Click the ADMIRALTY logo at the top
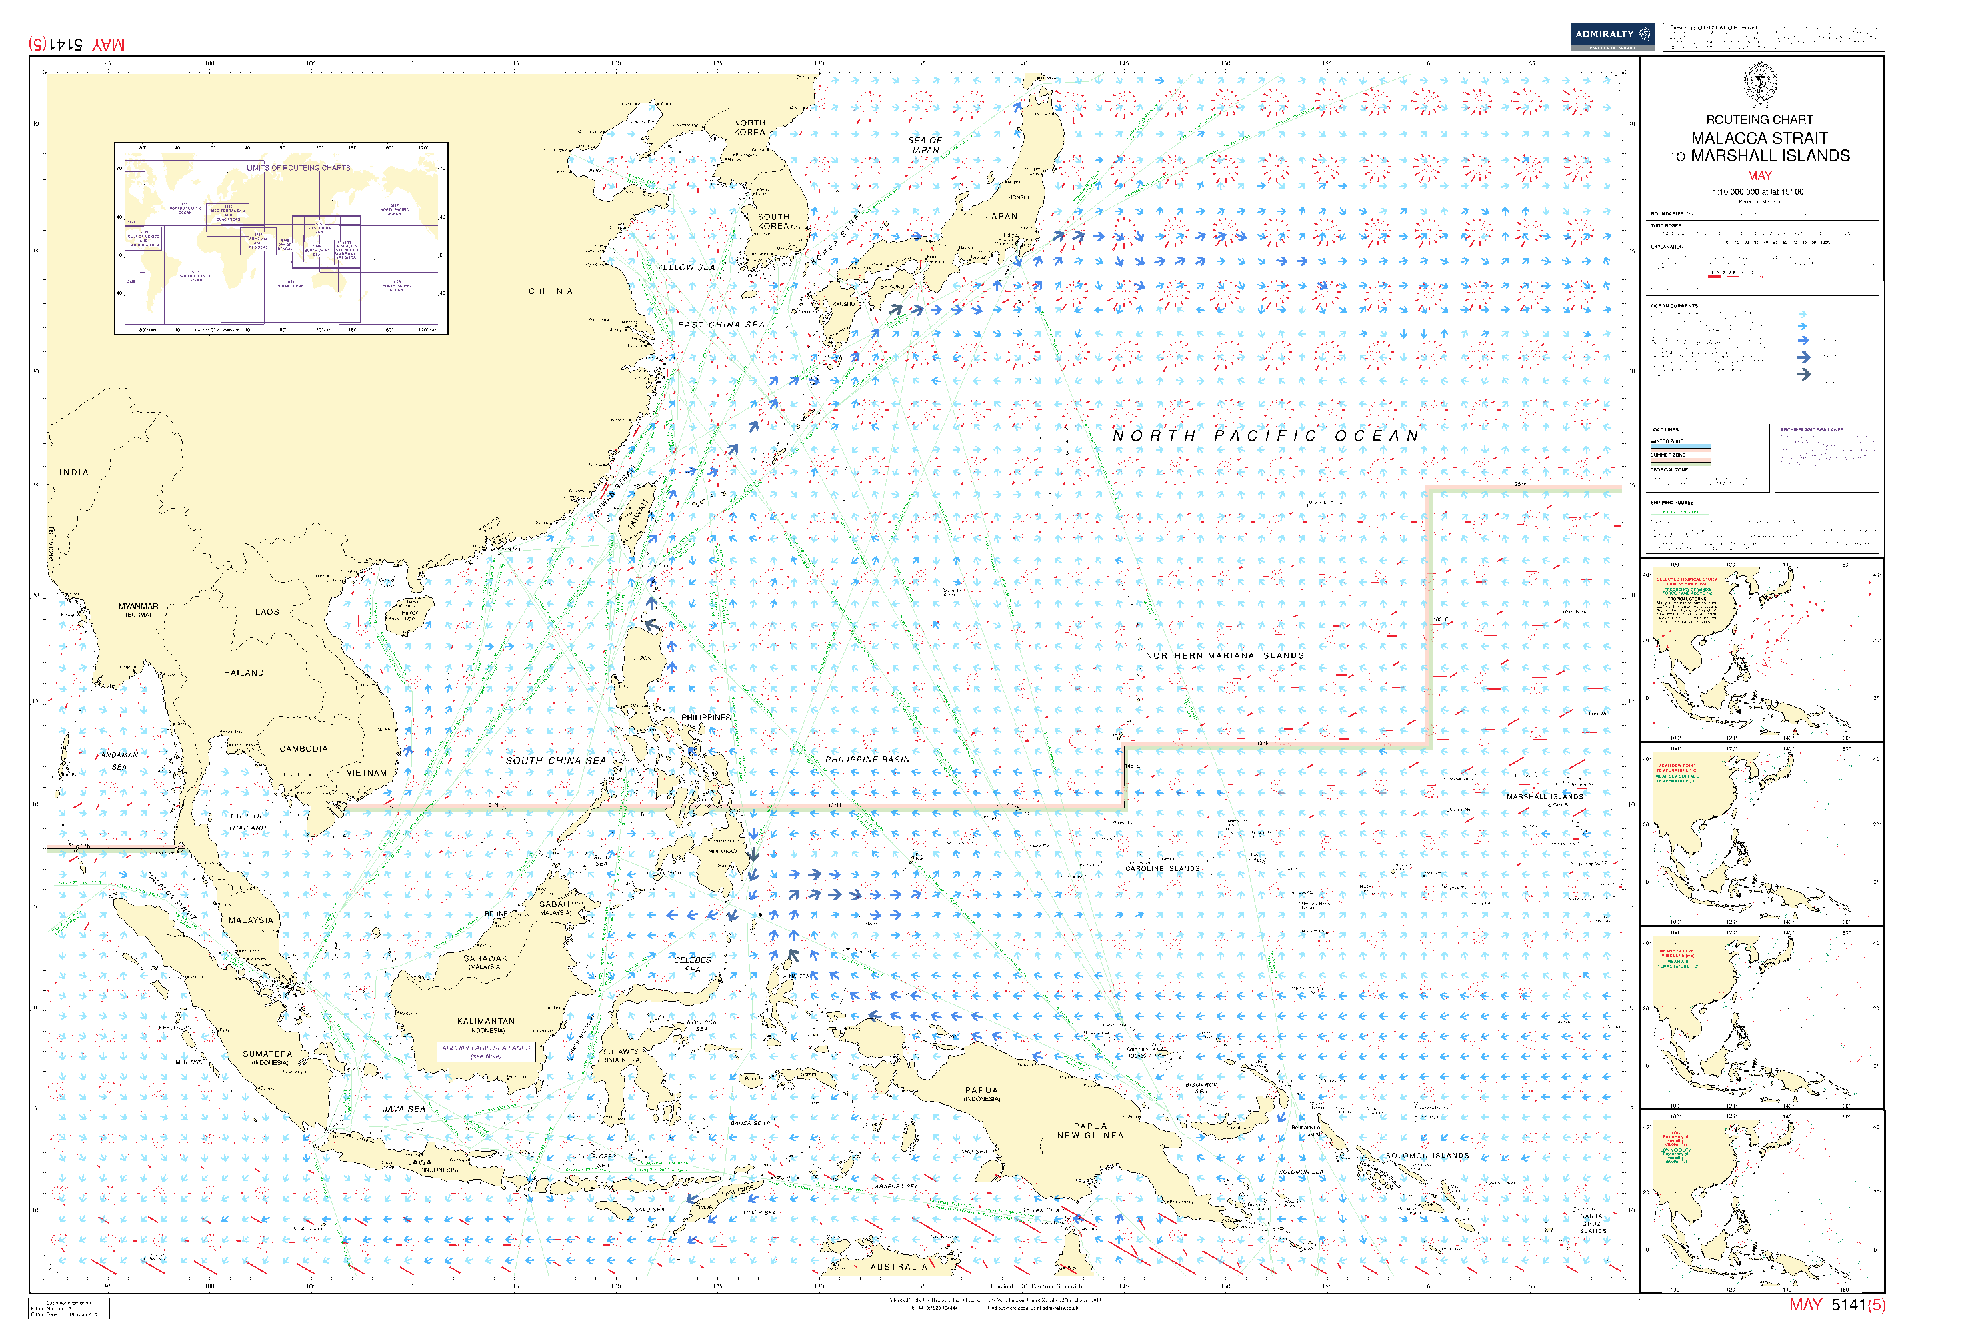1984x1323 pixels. [x=1611, y=35]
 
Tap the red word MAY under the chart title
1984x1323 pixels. [x=1759, y=175]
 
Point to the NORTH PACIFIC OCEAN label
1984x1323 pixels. [x=1265, y=436]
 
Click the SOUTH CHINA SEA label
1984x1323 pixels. [x=556, y=760]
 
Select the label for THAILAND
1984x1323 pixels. [x=241, y=672]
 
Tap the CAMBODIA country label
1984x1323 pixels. [x=304, y=748]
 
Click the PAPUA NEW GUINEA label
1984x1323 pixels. [x=1090, y=1131]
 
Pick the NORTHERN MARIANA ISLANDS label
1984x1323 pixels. [x=1224, y=655]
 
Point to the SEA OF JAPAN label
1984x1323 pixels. [x=925, y=145]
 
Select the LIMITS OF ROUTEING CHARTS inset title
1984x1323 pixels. [x=298, y=168]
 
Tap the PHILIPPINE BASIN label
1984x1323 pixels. [x=867, y=760]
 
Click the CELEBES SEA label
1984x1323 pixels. [x=693, y=964]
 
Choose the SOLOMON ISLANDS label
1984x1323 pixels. [x=1427, y=1156]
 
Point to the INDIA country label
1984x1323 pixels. [x=73, y=473]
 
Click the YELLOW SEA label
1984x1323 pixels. [x=686, y=267]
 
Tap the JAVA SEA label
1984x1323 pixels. [x=404, y=1109]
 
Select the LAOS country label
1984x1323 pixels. [x=267, y=611]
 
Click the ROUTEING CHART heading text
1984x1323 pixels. [x=1759, y=120]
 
